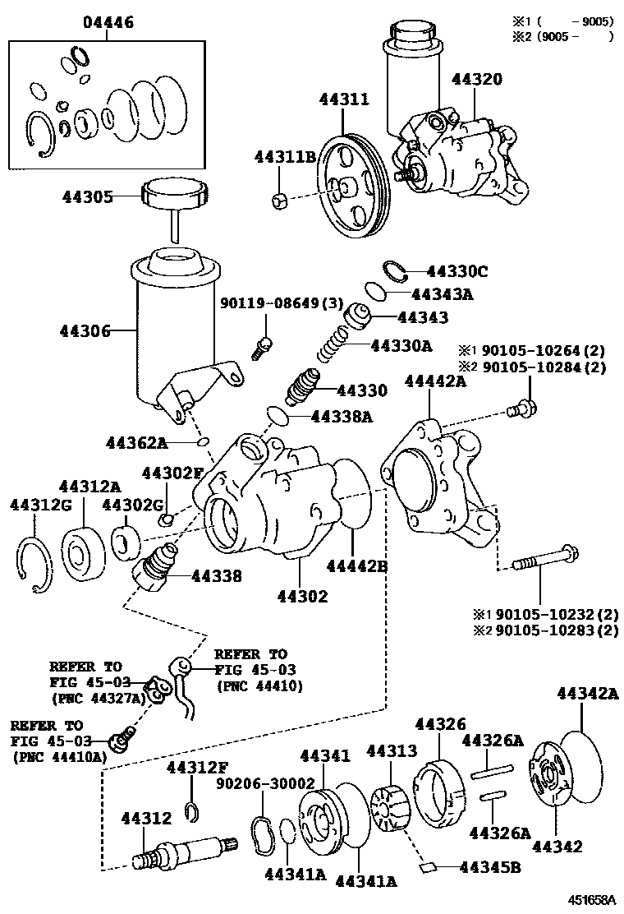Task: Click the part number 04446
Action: (108, 21)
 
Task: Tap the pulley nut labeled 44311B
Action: (278, 199)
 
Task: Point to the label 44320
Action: (488, 80)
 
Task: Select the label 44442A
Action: (435, 381)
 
